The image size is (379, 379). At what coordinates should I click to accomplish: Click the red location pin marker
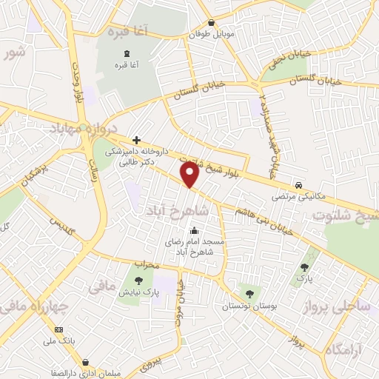[190, 175]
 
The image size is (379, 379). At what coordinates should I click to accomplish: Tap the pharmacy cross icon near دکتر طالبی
[136, 139]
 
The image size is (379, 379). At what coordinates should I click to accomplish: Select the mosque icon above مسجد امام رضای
[194, 230]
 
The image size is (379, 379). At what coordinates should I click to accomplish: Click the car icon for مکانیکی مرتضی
[298, 185]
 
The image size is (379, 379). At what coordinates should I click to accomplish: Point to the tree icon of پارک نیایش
[139, 280]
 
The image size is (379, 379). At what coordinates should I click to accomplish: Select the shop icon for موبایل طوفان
[211, 22]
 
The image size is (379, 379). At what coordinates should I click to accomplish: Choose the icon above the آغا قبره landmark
[126, 53]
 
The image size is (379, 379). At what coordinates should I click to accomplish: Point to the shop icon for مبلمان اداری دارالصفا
[87, 363]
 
